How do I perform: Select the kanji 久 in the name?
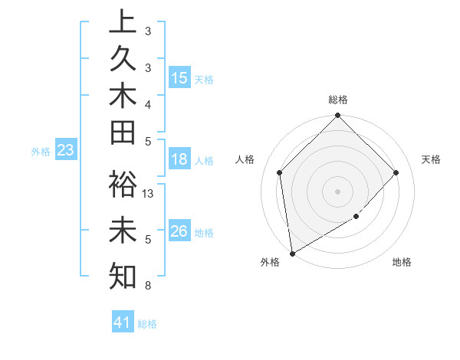(x=123, y=59)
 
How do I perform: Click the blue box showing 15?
(x=179, y=78)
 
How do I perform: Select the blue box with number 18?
(x=179, y=160)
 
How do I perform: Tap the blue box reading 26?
(x=179, y=231)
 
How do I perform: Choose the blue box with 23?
(x=66, y=151)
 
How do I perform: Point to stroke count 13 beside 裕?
(x=149, y=194)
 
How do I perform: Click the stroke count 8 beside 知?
(x=147, y=286)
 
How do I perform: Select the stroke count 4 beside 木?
(x=147, y=103)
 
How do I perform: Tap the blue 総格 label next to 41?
(x=147, y=324)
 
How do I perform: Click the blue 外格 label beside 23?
(x=41, y=152)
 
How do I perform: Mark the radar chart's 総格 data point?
(x=338, y=116)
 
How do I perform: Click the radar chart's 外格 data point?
(x=293, y=253)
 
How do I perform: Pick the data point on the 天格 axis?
(x=396, y=172)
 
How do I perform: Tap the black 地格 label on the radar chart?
(x=402, y=263)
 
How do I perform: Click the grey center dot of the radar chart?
(x=338, y=191)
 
